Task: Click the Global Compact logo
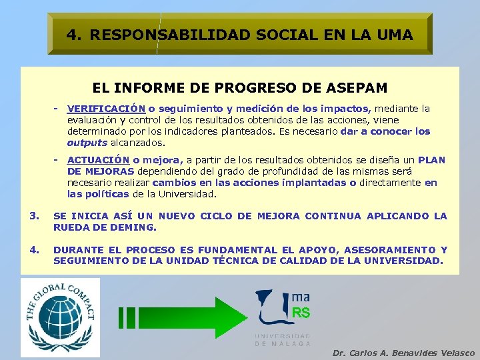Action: (59, 317)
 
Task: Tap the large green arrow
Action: (180, 318)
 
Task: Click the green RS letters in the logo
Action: (301, 313)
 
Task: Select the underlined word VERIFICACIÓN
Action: (107, 109)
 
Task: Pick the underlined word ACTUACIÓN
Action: (98, 160)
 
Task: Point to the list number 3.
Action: (34, 216)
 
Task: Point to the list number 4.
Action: (34, 250)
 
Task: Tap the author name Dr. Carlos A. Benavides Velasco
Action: (403, 353)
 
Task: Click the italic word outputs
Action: (87, 143)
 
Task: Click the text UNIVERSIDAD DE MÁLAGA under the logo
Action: (282, 339)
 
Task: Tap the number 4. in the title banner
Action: (74, 34)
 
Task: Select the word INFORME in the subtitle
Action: (143, 87)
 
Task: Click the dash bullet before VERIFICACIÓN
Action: (58, 108)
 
